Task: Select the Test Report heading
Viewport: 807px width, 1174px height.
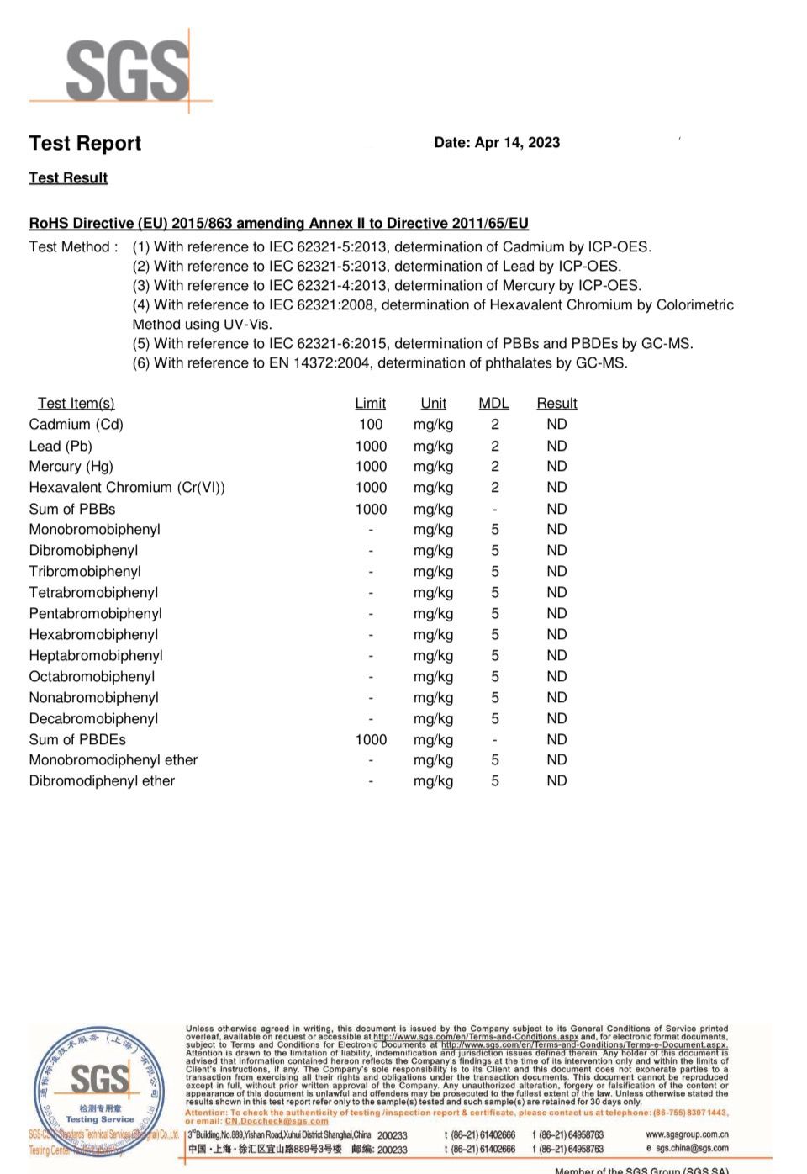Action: click(85, 144)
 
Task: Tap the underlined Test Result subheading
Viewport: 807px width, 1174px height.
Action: click(68, 178)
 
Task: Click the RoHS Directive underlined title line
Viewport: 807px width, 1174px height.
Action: click(278, 224)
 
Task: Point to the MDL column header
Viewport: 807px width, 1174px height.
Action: click(493, 404)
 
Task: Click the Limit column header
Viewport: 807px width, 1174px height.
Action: click(370, 404)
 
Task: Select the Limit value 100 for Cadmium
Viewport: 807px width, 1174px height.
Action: click(371, 425)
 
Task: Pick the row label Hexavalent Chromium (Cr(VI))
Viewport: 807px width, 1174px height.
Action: click(127, 488)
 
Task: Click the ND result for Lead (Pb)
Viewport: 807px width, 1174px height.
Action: click(556, 447)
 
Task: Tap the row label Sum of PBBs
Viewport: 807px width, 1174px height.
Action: click(72, 510)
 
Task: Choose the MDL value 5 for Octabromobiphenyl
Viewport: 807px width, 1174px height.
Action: click(495, 677)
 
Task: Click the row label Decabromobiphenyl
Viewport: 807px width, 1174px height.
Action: click(93, 719)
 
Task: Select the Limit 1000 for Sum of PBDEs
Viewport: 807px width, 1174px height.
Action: click(371, 740)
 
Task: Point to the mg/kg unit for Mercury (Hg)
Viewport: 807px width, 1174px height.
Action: click(433, 467)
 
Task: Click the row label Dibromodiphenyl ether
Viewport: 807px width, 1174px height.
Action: click(102, 781)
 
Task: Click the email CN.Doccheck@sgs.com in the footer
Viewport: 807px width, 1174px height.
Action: click(276, 1121)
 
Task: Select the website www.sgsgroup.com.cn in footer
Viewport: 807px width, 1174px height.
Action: click(687, 1134)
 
